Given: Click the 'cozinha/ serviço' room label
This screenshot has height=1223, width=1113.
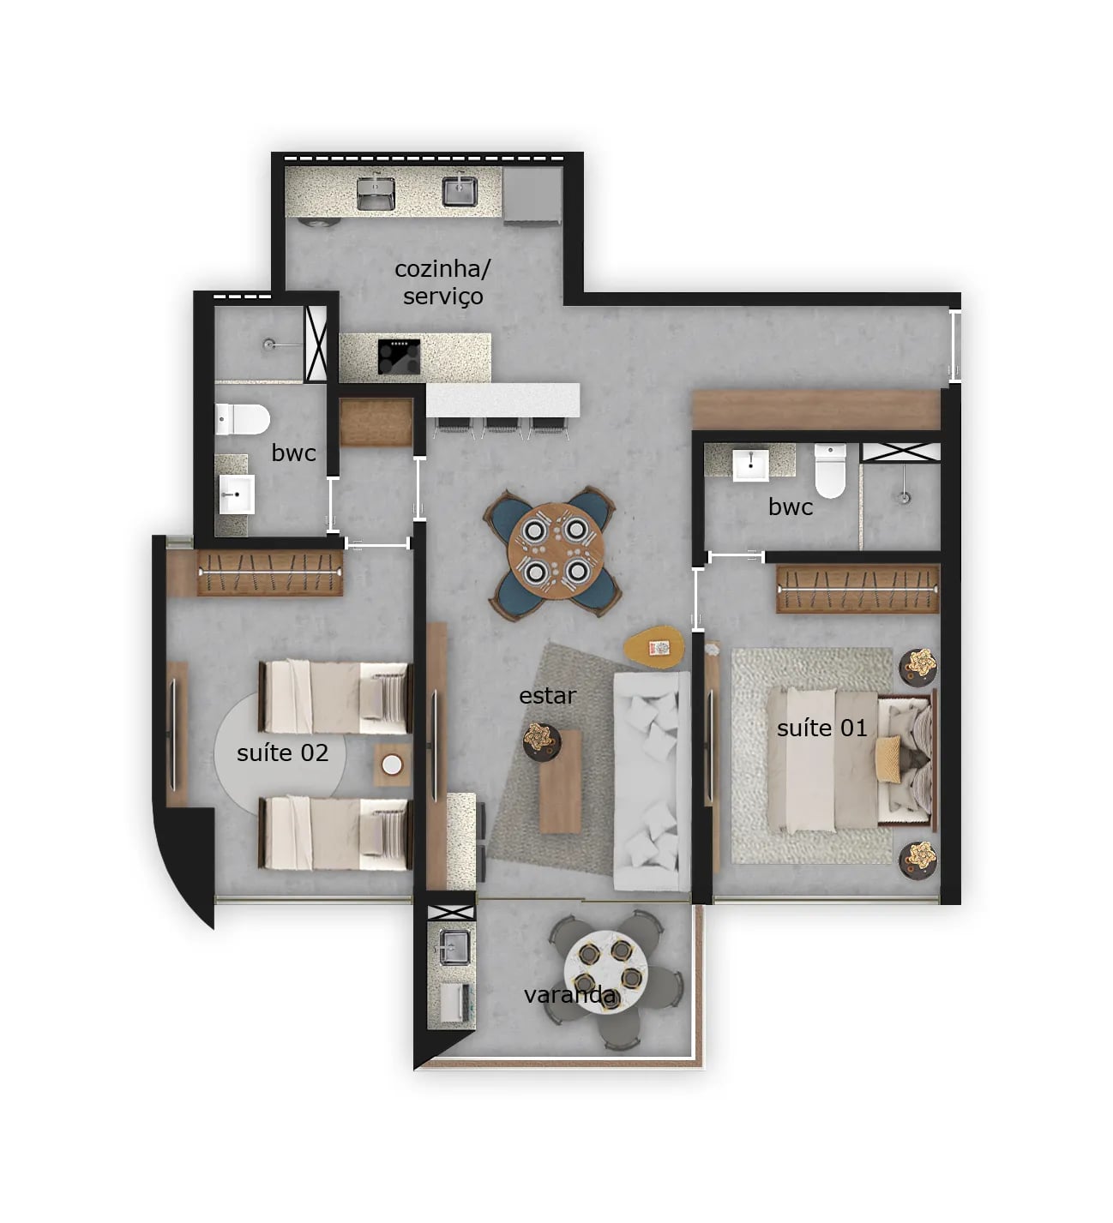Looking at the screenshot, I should coord(442,282).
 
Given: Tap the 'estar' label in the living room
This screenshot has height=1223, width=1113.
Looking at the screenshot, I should coord(547,695).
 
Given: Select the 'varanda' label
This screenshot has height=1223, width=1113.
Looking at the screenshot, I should coord(569,994).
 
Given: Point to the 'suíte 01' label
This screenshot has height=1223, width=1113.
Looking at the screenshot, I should coord(821,728).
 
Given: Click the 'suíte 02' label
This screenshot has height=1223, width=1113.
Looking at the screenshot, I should coord(282,752).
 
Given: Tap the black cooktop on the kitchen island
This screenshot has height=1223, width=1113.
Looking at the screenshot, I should coord(399,357).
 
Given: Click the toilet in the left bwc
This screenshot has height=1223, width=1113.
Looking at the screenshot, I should coord(242,419).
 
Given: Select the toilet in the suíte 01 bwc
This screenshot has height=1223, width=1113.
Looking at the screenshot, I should coord(829,471).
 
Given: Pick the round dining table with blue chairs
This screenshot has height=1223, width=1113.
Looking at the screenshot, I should coord(550,551).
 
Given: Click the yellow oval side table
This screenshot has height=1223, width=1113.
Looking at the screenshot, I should coord(655,648).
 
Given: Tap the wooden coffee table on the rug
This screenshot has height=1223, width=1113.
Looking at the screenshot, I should coord(561,781).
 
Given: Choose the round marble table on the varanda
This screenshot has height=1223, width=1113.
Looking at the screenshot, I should coord(605,962).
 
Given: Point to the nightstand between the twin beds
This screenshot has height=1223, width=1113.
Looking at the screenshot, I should coord(392,764).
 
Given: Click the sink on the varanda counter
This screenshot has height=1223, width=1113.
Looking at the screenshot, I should coord(451,946).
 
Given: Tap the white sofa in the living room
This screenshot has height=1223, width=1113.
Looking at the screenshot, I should coord(652,780).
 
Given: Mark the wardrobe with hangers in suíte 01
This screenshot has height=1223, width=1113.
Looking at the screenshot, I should coord(857,588).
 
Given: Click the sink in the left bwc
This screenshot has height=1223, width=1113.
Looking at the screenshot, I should coord(235,495).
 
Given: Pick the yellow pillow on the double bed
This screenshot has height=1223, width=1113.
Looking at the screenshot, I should coord(887,758).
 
